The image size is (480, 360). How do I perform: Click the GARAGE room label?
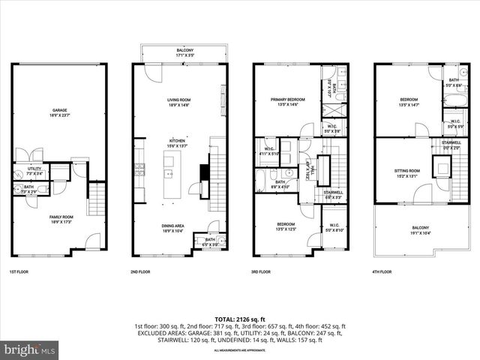[58, 110]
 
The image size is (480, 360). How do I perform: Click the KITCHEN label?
[177, 140]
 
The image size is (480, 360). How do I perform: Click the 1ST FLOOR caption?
[18, 271]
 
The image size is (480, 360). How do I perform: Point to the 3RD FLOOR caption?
[262, 271]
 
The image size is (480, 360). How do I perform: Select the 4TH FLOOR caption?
[382, 271]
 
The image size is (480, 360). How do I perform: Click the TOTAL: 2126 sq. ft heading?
[240, 319]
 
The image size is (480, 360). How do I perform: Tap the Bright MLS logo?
[30, 350]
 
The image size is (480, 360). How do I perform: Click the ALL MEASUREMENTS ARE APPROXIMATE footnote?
[240, 350]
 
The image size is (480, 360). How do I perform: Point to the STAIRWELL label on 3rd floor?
[332, 191]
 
